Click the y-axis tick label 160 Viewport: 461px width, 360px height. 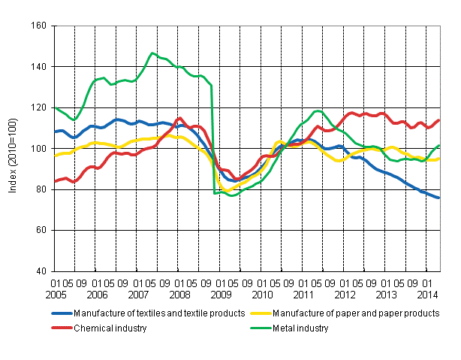tap(38, 26)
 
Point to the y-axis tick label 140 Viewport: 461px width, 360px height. tap(38, 67)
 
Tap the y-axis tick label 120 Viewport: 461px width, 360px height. tap(38, 107)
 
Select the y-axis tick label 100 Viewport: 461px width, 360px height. tap(38, 149)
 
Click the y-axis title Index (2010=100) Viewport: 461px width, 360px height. tap(12, 149)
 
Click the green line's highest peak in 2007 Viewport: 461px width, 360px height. tap(152, 53)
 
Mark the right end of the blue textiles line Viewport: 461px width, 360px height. tap(439, 198)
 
